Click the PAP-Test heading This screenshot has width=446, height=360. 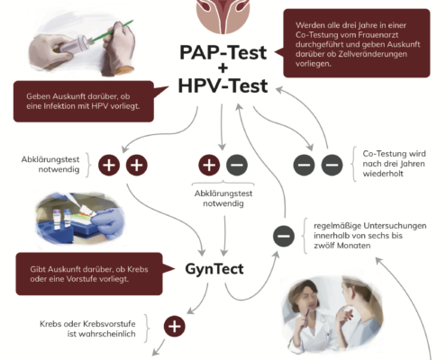[223, 53]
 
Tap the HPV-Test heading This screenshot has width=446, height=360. [223, 86]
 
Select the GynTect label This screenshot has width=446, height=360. [214, 269]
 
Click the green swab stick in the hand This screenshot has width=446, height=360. [113, 31]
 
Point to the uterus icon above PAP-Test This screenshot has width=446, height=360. [223, 15]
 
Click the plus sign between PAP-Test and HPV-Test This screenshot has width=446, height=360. [223, 68]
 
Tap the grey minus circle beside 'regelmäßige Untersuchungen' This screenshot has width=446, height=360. [284, 236]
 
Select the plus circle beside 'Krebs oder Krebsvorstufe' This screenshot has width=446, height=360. [175, 326]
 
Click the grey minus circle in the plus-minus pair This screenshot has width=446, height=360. [237, 165]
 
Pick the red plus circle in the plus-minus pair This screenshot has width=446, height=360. [209, 165]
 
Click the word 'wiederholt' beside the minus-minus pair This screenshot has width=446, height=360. [383, 174]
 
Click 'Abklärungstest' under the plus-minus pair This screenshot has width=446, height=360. [223, 193]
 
